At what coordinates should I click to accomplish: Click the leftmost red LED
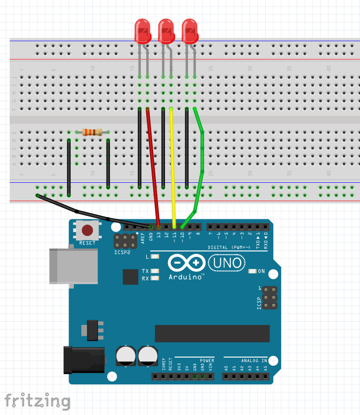[x=142, y=31]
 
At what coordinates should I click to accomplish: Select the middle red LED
[x=166, y=31]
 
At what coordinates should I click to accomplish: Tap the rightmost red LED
[x=190, y=31]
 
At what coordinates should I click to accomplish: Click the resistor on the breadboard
[x=93, y=132]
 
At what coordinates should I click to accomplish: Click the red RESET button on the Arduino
[x=87, y=231]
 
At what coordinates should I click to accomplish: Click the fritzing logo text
[x=37, y=401]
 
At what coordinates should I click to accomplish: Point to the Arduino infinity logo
[x=186, y=263]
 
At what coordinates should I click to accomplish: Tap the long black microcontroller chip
[x=212, y=333]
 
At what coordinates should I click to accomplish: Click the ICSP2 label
[x=122, y=251]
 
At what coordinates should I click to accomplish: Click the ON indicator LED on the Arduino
[x=253, y=272]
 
